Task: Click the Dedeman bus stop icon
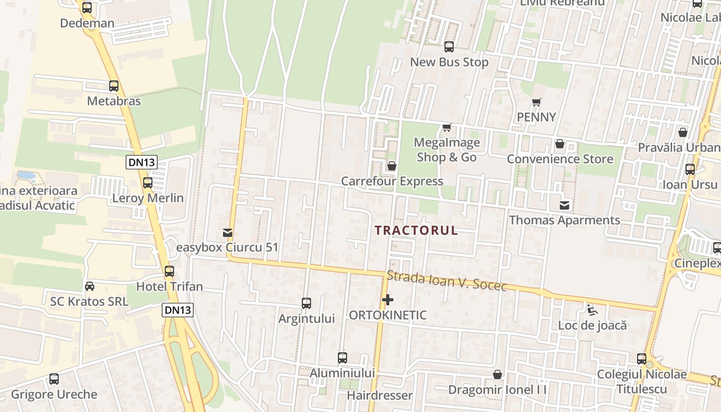87,8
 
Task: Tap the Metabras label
114,100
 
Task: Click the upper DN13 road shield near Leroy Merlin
142,163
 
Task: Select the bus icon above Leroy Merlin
148,182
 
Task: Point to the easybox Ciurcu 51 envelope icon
228,233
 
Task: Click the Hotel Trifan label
169,286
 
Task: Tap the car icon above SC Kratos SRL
90,286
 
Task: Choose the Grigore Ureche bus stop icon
54,379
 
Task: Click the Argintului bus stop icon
306,303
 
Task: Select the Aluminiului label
342,373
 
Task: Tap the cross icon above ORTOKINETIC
388,299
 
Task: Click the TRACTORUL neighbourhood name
416,230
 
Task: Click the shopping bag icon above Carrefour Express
392,166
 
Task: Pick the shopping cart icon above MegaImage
447,127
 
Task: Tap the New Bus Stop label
449,62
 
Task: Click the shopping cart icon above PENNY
537,102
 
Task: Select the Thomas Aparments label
564,220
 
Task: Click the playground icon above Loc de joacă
592,310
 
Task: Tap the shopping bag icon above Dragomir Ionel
497,374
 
